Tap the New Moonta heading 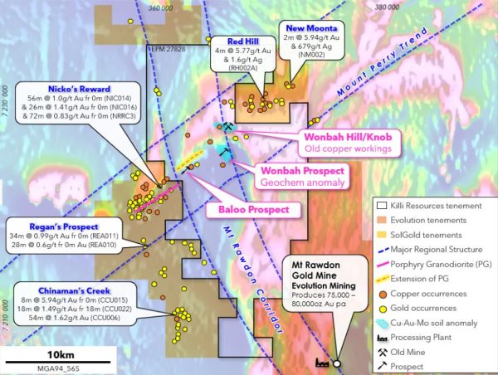click(307, 27)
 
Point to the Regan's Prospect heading click(51, 226)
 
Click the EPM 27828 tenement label click(165, 50)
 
